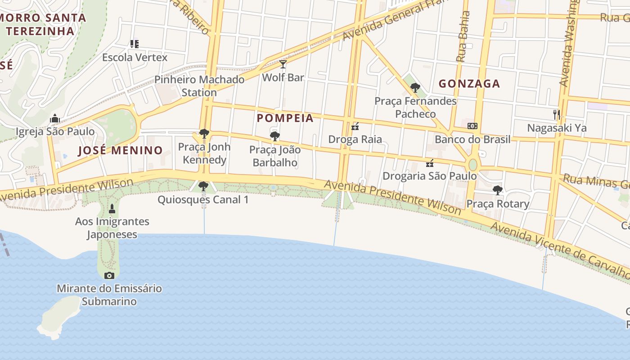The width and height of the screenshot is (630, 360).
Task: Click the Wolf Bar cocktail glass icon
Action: (x=283, y=64)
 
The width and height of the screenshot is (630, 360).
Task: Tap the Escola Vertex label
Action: (x=135, y=58)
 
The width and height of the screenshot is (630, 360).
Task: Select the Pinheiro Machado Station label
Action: (x=199, y=86)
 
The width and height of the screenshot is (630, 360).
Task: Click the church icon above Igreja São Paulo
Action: (x=55, y=118)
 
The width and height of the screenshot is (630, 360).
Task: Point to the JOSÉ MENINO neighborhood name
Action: (x=120, y=150)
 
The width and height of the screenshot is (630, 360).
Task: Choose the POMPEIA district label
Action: (x=285, y=118)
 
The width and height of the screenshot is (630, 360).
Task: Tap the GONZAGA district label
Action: (x=469, y=84)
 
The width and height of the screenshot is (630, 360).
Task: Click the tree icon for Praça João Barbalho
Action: (x=274, y=136)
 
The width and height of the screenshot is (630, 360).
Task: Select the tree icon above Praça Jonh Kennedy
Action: (x=204, y=134)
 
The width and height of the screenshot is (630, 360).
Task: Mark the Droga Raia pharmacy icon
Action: (x=355, y=126)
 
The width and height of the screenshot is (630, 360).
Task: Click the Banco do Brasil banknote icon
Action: (x=472, y=126)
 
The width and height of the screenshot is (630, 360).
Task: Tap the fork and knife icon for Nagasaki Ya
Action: (x=557, y=115)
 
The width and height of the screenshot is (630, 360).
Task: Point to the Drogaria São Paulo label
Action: (x=429, y=176)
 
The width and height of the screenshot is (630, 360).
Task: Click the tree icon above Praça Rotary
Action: (x=497, y=190)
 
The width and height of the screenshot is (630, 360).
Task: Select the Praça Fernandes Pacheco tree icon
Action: (x=415, y=88)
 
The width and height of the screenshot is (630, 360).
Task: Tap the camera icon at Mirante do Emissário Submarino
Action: (x=109, y=275)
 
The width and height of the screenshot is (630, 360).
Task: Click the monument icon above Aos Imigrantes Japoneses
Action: (x=112, y=209)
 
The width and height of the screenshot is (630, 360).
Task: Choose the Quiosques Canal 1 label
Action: (x=202, y=199)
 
